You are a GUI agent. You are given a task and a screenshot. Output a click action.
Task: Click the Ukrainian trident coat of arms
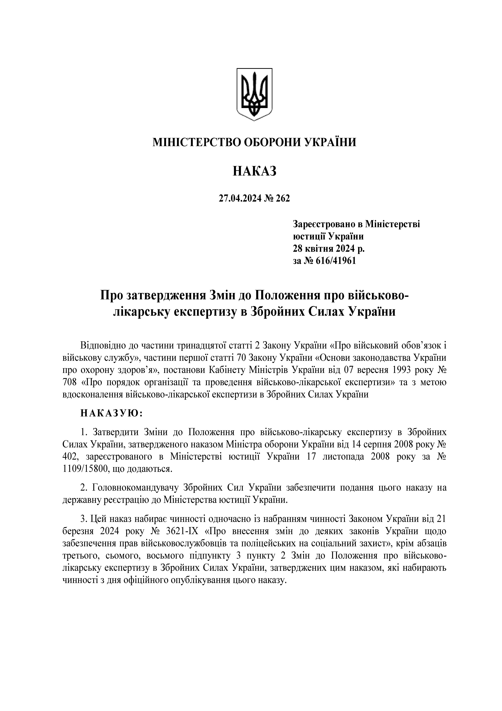(x=254, y=94)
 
